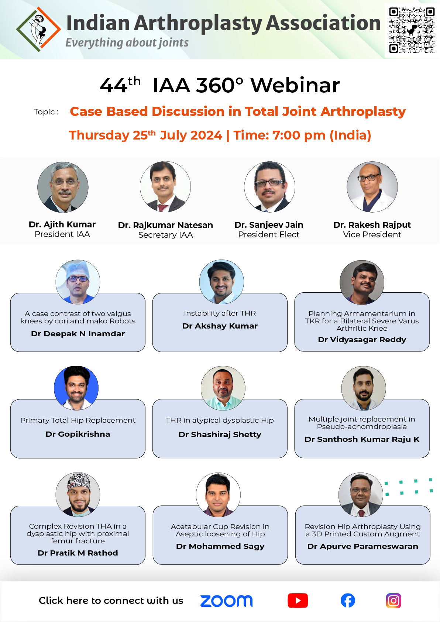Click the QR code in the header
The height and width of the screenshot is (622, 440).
click(412, 30)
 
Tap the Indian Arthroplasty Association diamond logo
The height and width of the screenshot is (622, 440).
click(38, 29)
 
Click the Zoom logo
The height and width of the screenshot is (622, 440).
click(226, 601)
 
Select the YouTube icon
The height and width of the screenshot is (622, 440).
click(298, 601)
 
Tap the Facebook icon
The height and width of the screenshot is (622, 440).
click(348, 601)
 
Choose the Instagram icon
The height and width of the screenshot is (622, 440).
click(393, 601)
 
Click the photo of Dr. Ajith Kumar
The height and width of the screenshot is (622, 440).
click(63, 187)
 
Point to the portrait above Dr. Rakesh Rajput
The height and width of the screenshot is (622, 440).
click(372, 187)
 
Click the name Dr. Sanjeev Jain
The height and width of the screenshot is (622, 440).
click(269, 225)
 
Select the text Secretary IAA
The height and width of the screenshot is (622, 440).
click(165, 235)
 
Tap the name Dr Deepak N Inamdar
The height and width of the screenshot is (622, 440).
click(78, 333)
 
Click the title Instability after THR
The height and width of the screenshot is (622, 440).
click(220, 313)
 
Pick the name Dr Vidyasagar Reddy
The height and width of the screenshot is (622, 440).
click(362, 340)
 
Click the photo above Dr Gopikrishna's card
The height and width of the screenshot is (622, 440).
click(76, 388)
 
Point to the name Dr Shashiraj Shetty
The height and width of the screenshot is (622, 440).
click(220, 434)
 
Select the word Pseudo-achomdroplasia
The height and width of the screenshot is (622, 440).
click(362, 426)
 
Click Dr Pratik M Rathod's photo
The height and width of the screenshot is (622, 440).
click(78, 495)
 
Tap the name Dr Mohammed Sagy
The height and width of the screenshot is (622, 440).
click(220, 546)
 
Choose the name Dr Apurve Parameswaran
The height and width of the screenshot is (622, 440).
click(362, 546)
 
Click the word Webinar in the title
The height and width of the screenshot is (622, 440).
click(295, 85)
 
